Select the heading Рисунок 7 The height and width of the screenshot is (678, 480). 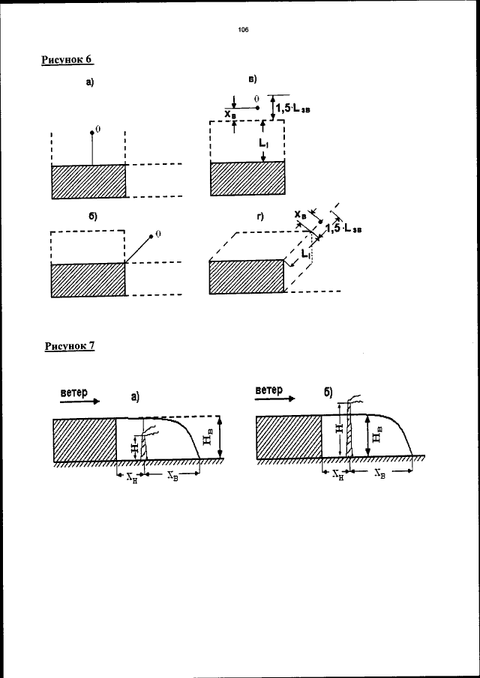[70, 345]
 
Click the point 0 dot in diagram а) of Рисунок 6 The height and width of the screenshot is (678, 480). [92, 132]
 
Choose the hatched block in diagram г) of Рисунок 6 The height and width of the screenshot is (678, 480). [246, 277]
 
